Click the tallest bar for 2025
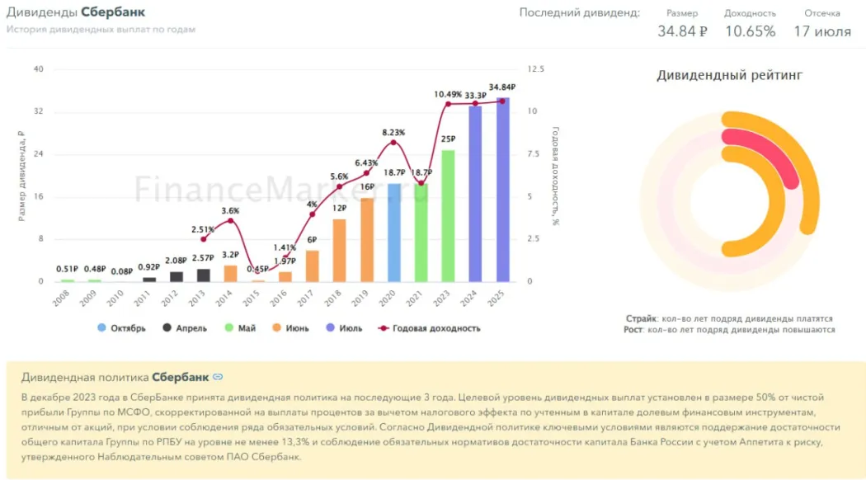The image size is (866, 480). coord(502,190)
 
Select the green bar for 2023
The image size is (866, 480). coord(448,216)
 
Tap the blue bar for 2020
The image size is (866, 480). coord(394,233)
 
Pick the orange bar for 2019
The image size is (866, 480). coord(367,240)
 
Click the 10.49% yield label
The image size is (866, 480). coord(448,94)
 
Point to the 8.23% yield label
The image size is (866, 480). coord(393,132)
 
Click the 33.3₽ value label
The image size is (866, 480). coord(476,96)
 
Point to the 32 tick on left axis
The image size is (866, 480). coord(38,111)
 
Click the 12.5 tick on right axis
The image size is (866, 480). coord(535,68)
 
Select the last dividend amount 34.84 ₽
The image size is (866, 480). coord(682,31)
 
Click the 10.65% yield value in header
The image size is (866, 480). coord(750,31)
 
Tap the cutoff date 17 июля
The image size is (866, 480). coord(822,31)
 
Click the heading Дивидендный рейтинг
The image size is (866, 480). coord(729,76)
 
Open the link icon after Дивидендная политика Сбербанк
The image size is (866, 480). coord(218,377)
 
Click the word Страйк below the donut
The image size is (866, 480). coord(641,318)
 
